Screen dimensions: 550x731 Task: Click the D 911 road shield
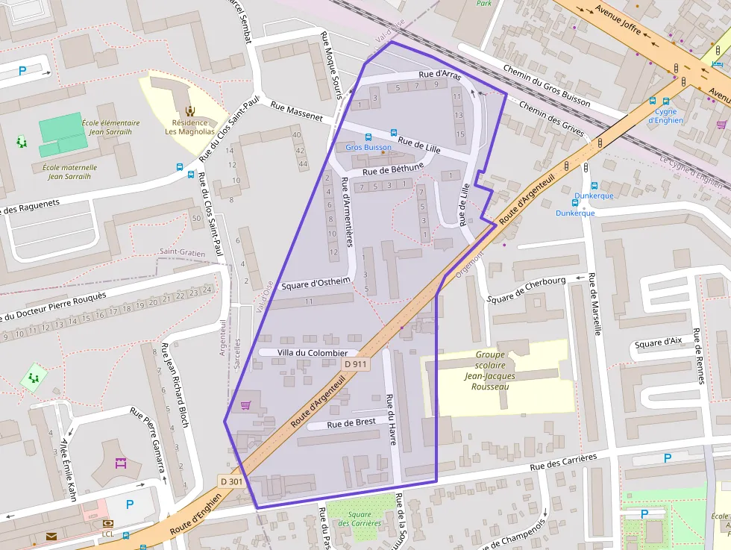[x=356, y=363]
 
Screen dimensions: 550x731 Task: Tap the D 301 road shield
[x=231, y=481]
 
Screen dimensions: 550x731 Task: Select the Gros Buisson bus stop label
[x=368, y=147]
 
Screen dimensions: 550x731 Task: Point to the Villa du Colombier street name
[x=312, y=352]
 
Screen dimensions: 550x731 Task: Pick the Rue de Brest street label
[x=351, y=422]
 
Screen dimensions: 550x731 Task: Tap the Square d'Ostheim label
[x=316, y=281]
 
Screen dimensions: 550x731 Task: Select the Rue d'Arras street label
[x=439, y=75]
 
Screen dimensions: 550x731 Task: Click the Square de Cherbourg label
[x=526, y=290]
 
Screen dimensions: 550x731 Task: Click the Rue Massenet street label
[x=296, y=111]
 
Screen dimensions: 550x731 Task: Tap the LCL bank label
[x=108, y=534]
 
